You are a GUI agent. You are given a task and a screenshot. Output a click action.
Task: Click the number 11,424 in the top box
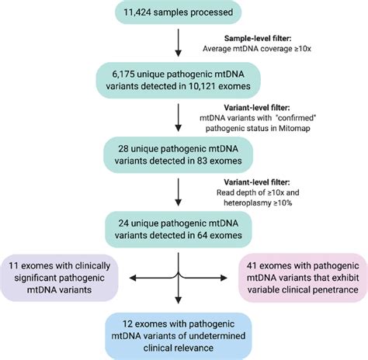tap(137, 12)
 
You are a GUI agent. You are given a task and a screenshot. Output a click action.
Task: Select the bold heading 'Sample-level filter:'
tap(258, 39)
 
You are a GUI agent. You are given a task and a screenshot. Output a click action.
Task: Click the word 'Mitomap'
tap(294, 128)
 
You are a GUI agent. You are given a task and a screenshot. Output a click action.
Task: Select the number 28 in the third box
tap(123, 149)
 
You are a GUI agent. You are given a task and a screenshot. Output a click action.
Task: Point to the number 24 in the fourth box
tap(123, 223)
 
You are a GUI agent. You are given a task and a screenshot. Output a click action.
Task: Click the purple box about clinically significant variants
tap(59, 278)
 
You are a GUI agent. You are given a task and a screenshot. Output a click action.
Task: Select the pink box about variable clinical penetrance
tap(303, 278)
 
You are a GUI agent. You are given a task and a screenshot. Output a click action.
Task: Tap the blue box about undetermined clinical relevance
tap(179, 336)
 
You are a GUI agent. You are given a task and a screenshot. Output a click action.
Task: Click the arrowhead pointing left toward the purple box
tap(133, 279)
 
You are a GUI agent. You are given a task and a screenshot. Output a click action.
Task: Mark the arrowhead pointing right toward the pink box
tap(224, 279)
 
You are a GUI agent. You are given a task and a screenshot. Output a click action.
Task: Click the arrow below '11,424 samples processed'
tap(178, 43)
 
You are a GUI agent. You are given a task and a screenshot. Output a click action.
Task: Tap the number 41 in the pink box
tap(252, 266)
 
